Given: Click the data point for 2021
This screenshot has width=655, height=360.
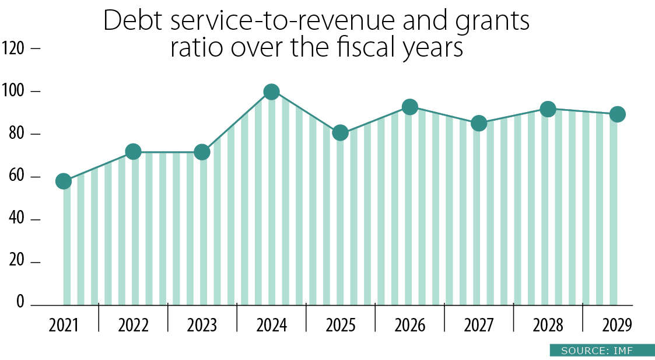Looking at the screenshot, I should click(64, 181).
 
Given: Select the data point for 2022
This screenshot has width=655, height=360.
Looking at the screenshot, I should click(133, 152).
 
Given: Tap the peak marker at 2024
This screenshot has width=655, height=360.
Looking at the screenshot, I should click(271, 92).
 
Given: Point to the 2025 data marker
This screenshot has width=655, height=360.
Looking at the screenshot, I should click(341, 133).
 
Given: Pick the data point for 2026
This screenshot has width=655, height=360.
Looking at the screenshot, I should click(410, 107).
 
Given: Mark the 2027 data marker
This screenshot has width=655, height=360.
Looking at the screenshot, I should click(479, 123).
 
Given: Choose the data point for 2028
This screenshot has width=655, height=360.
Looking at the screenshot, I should click(548, 109).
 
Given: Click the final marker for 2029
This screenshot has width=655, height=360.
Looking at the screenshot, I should click(617, 114).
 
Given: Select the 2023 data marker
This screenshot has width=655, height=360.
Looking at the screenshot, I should click(202, 152).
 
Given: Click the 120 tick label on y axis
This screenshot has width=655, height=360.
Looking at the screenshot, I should click(13, 48).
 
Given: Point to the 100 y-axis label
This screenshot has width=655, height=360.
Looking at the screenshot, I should click(13, 92).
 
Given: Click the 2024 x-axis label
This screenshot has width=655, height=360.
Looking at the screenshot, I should click(271, 325).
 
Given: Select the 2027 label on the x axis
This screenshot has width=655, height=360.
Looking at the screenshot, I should click(479, 325).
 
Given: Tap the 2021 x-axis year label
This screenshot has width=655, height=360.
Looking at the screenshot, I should click(64, 325).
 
